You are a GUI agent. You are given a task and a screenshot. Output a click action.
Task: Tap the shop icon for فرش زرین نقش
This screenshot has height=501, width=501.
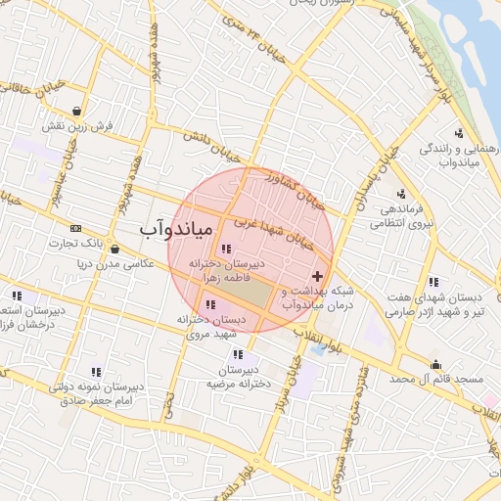[76, 110]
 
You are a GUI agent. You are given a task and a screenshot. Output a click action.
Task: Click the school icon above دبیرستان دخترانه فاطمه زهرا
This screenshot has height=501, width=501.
[227, 249]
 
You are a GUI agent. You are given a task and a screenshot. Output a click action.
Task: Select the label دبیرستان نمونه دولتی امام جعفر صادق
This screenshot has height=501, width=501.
[95, 393]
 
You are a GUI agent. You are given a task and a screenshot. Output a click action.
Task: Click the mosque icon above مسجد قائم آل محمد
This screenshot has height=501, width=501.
[436, 365]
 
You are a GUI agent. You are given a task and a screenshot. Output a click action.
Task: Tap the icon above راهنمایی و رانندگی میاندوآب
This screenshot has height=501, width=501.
[459, 133]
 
